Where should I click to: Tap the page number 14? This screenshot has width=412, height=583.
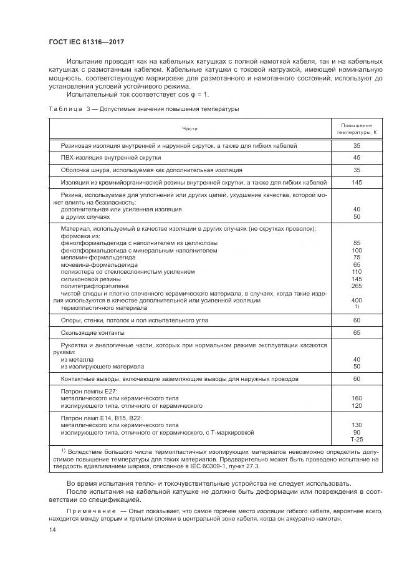52,530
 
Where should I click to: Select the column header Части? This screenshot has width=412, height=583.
189,128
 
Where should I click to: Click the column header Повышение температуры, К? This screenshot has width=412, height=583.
357,128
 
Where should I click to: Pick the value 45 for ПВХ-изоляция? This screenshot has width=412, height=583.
357,158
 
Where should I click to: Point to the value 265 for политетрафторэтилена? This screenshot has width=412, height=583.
357,286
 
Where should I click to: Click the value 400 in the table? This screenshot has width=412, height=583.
357,300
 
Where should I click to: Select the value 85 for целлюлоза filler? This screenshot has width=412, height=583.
357,243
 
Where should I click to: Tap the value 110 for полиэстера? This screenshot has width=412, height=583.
357,272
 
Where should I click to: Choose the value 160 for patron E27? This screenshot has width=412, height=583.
357,398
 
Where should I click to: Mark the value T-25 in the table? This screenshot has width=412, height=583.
357,440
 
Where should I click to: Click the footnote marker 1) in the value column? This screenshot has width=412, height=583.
357,307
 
